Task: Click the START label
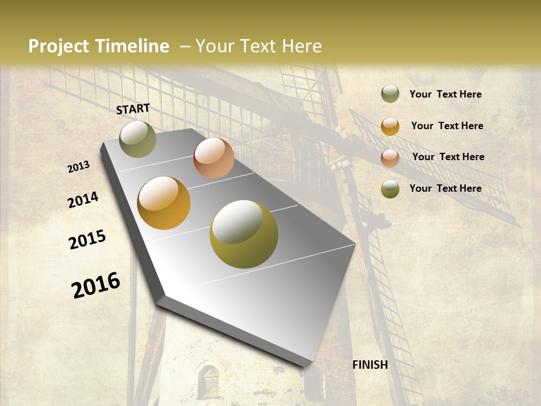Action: (x=133, y=108)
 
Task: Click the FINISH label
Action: (x=370, y=365)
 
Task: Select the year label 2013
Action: (x=79, y=167)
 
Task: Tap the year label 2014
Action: (x=83, y=200)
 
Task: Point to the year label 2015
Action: (x=87, y=240)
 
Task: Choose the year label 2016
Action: (x=96, y=285)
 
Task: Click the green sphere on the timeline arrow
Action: (x=138, y=139)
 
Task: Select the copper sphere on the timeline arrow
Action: (x=214, y=158)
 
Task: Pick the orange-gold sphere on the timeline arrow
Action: (x=163, y=203)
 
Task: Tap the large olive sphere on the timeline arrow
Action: (x=244, y=234)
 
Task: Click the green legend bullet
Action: (x=390, y=94)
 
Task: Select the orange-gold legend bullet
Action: (x=390, y=126)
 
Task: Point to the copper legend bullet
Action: (x=390, y=158)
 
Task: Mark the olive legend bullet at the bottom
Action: (x=390, y=189)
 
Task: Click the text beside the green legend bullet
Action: (x=445, y=94)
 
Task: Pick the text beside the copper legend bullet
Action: (x=448, y=157)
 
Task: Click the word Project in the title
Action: (x=59, y=46)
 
